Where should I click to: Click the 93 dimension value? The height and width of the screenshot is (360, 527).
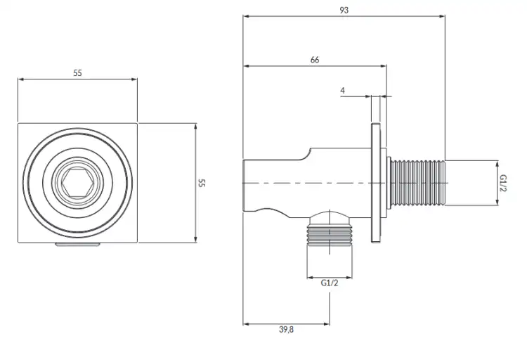(x=344, y=11)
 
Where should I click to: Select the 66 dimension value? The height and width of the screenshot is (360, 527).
(x=315, y=60)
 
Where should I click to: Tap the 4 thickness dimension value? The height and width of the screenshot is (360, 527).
(x=342, y=91)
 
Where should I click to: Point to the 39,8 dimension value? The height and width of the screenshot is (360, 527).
(x=286, y=329)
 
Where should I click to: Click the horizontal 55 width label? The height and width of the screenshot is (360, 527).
(x=77, y=73)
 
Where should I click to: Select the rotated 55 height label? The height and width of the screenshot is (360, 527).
(x=202, y=183)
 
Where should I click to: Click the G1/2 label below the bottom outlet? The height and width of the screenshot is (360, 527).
(x=330, y=283)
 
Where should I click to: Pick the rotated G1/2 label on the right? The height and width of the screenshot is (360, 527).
(x=503, y=183)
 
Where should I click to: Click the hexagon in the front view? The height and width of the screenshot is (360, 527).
(x=77, y=182)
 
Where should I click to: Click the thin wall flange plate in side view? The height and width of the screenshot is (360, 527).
(x=376, y=183)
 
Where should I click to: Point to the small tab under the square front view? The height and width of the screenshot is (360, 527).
(x=77, y=244)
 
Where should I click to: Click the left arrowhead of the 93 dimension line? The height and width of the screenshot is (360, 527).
(x=246, y=15)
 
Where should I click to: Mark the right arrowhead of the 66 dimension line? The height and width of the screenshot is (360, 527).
(x=384, y=66)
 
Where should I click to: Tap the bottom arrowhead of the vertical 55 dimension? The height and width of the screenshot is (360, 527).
(x=195, y=240)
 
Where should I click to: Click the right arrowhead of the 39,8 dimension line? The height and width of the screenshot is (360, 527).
(x=326, y=324)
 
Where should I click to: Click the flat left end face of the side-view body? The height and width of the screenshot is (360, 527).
(x=243, y=186)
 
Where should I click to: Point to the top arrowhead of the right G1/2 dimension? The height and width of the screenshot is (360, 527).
(x=497, y=164)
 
